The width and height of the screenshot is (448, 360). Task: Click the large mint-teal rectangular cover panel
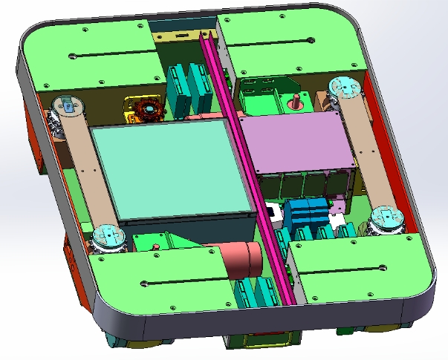click(171, 169)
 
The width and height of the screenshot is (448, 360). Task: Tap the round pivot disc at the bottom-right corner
click(386, 219)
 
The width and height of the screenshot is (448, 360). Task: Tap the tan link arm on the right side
click(364, 152)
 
